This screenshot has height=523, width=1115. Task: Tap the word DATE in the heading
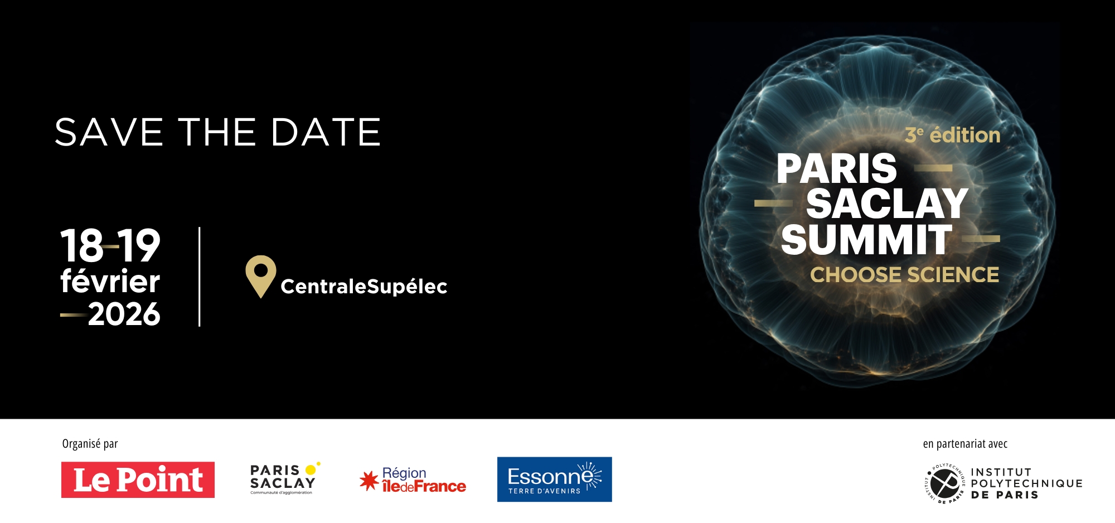(x=326, y=133)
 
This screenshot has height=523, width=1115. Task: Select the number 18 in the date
(x=81, y=246)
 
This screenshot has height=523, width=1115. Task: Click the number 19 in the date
(x=139, y=246)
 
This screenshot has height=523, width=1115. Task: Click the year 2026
(x=124, y=314)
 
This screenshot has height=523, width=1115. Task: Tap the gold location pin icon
(x=261, y=274)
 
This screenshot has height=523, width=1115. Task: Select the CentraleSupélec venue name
(x=363, y=287)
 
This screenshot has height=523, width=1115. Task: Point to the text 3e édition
(x=952, y=135)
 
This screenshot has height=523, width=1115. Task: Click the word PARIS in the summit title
(x=836, y=168)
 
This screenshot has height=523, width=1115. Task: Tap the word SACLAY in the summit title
(x=886, y=204)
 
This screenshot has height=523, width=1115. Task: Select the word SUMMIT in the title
(x=866, y=240)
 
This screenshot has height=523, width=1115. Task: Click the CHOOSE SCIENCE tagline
(x=904, y=275)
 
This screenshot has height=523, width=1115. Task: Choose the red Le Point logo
(x=138, y=480)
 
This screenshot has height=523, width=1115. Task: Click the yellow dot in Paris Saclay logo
(x=311, y=470)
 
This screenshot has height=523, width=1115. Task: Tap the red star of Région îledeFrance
(x=369, y=481)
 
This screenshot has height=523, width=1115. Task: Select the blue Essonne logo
(x=554, y=480)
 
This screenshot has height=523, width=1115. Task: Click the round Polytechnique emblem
(x=944, y=483)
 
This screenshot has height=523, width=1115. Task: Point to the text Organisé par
(x=90, y=444)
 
